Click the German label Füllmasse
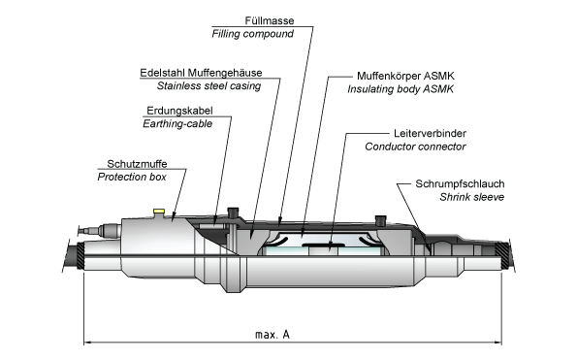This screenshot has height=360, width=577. (x=270, y=20)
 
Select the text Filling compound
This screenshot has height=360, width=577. (x=252, y=34)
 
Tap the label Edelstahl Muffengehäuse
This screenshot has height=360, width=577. (x=201, y=73)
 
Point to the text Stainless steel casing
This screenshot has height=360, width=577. (x=208, y=85)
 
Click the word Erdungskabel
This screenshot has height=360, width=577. (x=179, y=111)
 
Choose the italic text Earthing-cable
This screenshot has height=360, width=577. (x=177, y=123)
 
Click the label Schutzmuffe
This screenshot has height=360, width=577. (x=137, y=163)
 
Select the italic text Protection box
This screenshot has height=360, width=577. (x=132, y=177)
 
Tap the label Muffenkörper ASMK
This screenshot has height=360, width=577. (x=405, y=76)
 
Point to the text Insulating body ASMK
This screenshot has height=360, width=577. (x=401, y=89)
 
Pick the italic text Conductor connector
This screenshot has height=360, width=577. (x=415, y=147)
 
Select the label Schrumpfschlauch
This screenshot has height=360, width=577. (x=460, y=183)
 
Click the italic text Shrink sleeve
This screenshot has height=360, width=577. (x=471, y=197)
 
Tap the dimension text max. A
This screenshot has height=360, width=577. (x=272, y=334)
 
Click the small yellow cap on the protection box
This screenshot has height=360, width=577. (x=159, y=211)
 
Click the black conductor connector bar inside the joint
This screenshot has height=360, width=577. (x=325, y=245)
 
